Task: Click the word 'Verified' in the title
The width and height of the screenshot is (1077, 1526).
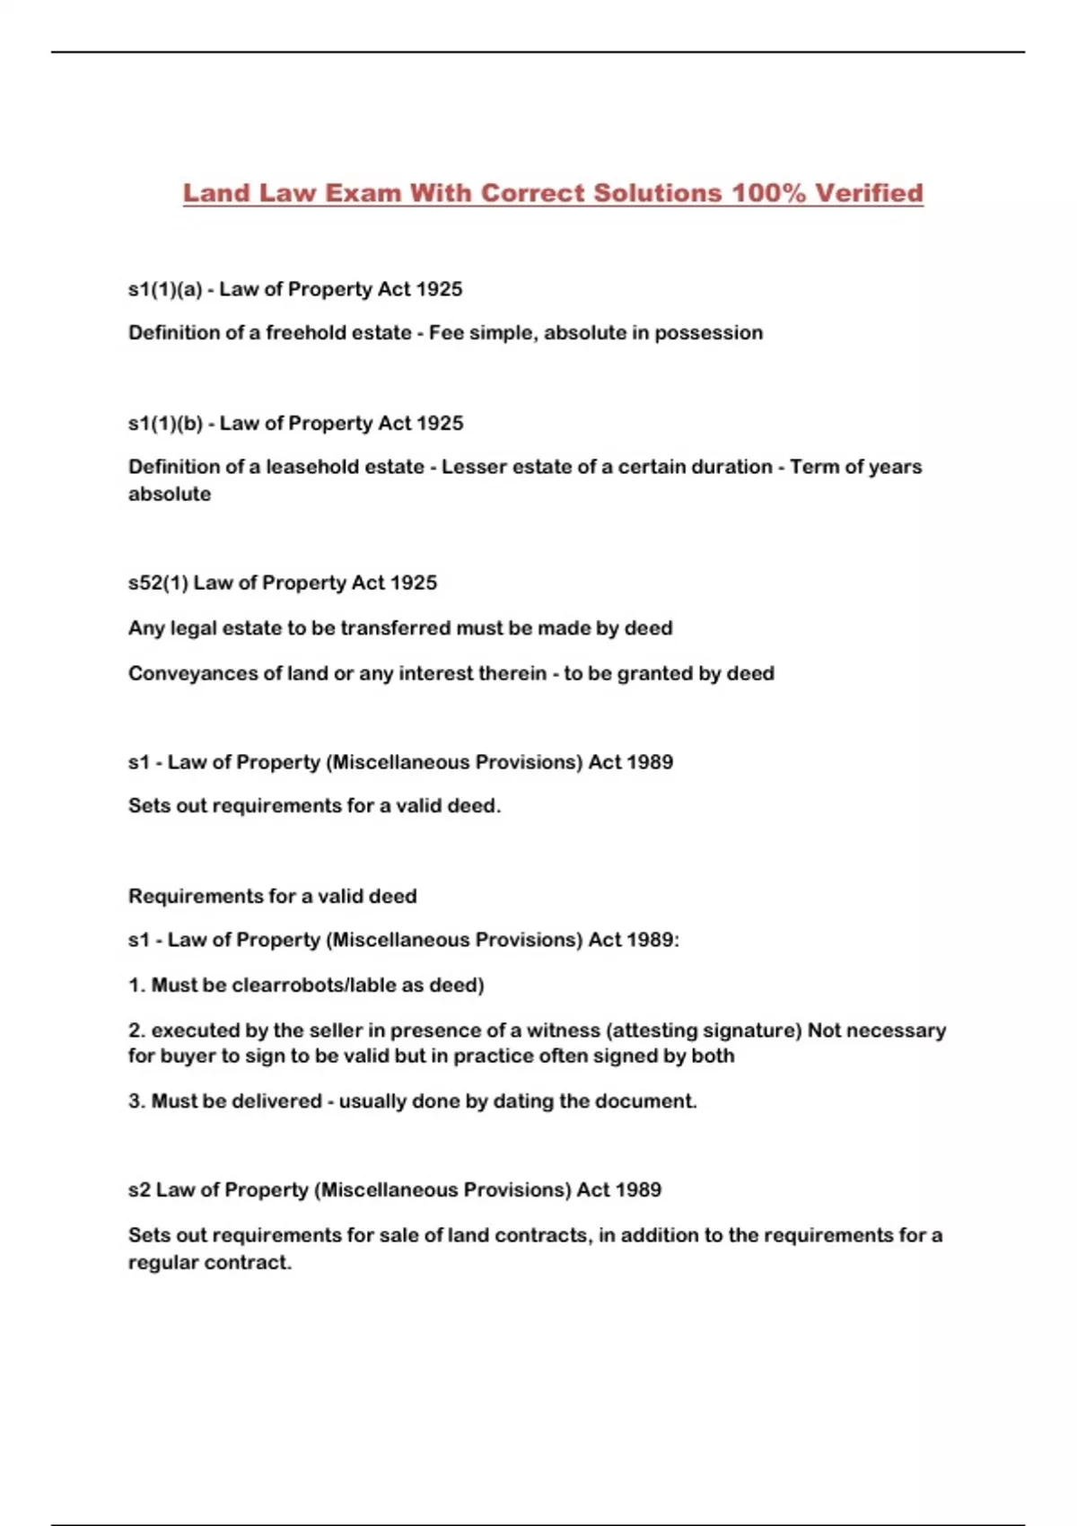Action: pos(869,193)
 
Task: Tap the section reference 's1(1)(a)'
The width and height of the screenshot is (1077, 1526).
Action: pos(165,289)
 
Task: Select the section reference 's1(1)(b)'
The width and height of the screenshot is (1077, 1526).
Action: pos(165,423)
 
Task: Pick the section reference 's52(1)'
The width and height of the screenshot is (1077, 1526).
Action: pos(158,583)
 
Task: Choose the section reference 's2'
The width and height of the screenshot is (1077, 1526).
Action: pos(139,1189)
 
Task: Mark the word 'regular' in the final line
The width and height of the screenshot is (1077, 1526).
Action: pos(163,1262)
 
